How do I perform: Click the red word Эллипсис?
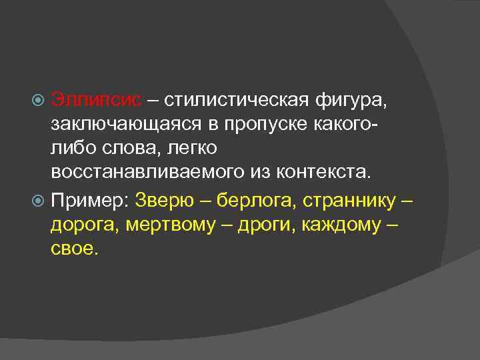pos(96,101)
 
